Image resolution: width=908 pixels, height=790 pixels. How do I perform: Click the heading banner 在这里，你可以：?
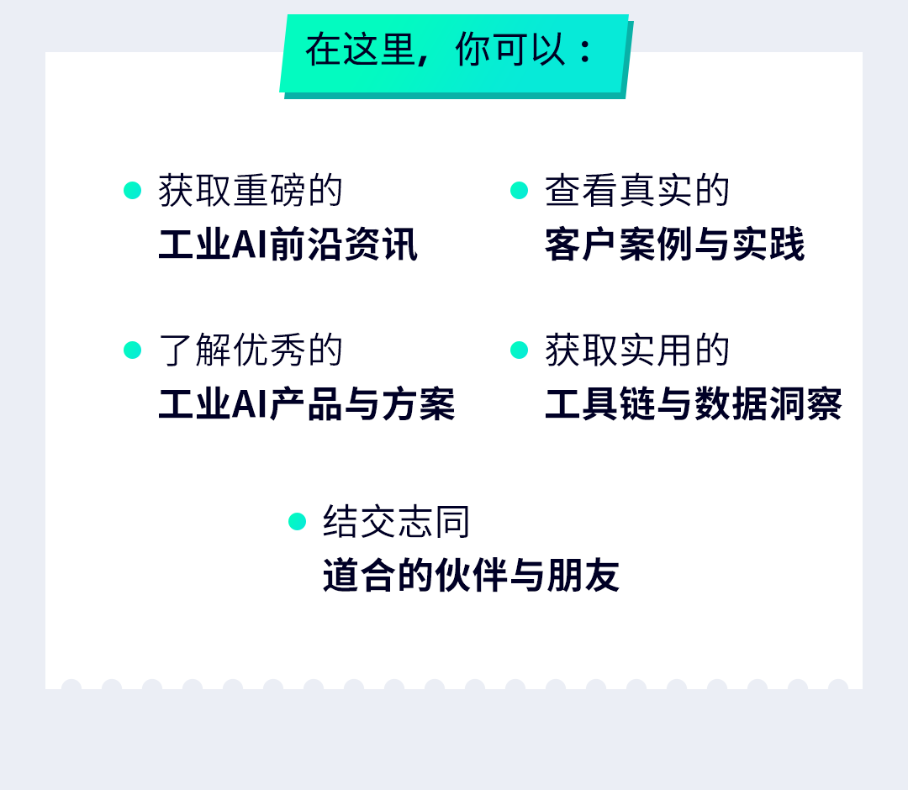click(454, 52)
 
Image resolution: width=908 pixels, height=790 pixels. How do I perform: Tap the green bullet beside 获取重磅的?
click(133, 190)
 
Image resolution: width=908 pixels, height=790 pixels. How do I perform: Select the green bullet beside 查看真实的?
click(520, 190)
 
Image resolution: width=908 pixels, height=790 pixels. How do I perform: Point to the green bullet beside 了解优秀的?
click(133, 350)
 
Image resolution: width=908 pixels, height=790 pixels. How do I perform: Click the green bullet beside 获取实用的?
click(520, 350)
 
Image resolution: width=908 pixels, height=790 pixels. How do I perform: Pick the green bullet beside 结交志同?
click(298, 521)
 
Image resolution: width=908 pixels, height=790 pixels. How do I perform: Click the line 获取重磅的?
click(251, 191)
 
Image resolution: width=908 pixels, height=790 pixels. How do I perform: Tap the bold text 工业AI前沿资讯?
click(288, 245)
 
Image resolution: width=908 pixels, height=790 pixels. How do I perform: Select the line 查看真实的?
click(637, 191)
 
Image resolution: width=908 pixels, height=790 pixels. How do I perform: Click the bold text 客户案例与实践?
click(674, 245)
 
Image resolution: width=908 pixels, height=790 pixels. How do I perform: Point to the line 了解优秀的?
click(251, 350)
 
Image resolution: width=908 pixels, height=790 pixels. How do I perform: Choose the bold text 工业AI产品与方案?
click(306, 404)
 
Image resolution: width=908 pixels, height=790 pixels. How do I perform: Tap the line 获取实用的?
click(637, 350)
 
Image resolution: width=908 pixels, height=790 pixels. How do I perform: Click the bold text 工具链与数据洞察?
click(693, 404)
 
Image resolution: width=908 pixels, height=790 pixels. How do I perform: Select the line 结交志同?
click(397, 522)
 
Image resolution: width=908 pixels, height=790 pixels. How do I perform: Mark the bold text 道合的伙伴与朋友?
click(471, 576)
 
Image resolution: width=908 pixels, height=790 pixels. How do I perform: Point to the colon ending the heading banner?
click(586, 52)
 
